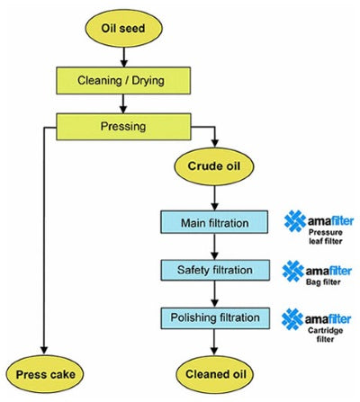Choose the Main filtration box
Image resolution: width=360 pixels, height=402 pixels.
214,221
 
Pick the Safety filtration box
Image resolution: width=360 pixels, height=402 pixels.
214,269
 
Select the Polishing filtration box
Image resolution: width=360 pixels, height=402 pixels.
214,317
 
